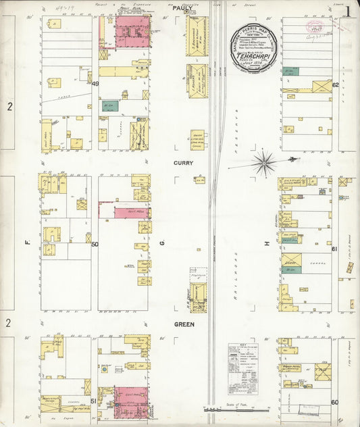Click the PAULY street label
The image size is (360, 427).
[182, 8]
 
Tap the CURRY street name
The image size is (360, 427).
[183, 164]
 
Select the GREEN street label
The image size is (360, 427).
[184, 324]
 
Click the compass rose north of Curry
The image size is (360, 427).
[264, 162]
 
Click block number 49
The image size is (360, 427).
[95, 84]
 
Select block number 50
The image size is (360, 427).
[95, 245]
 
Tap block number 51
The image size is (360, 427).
[94, 400]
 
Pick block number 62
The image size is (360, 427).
[335, 85]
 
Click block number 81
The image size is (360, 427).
[334, 249]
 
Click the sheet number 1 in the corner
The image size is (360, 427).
[348, 10]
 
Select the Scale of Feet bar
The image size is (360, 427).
[236, 409]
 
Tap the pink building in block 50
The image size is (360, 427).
[126, 213]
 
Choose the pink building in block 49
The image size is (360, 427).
[131, 32]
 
